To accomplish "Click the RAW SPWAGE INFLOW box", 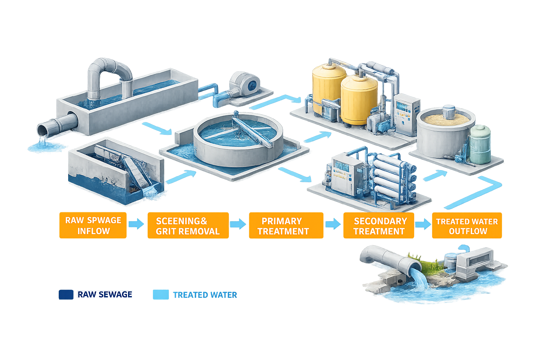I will pyautogui.click(x=93, y=225).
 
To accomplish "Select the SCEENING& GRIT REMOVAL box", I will pyautogui.click(x=188, y=226).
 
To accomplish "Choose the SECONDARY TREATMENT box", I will pyautogui.click(x=379, y=226).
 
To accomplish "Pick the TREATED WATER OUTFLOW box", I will pyautogui.click(x=467, y=226).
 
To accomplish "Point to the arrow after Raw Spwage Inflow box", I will pyautogui.click(x=136, y=224).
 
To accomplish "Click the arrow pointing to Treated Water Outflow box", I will pyautogui.click(x=423, y=224).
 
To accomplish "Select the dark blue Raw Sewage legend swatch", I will pyautogui.click(x=66, y=295).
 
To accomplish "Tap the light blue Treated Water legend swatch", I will pyautogui.click(x=161, y=295).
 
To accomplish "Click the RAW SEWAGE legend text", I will pyautogui.click(x=105, y=295).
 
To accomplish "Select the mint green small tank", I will pyautogui.click(x=480, y=144).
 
